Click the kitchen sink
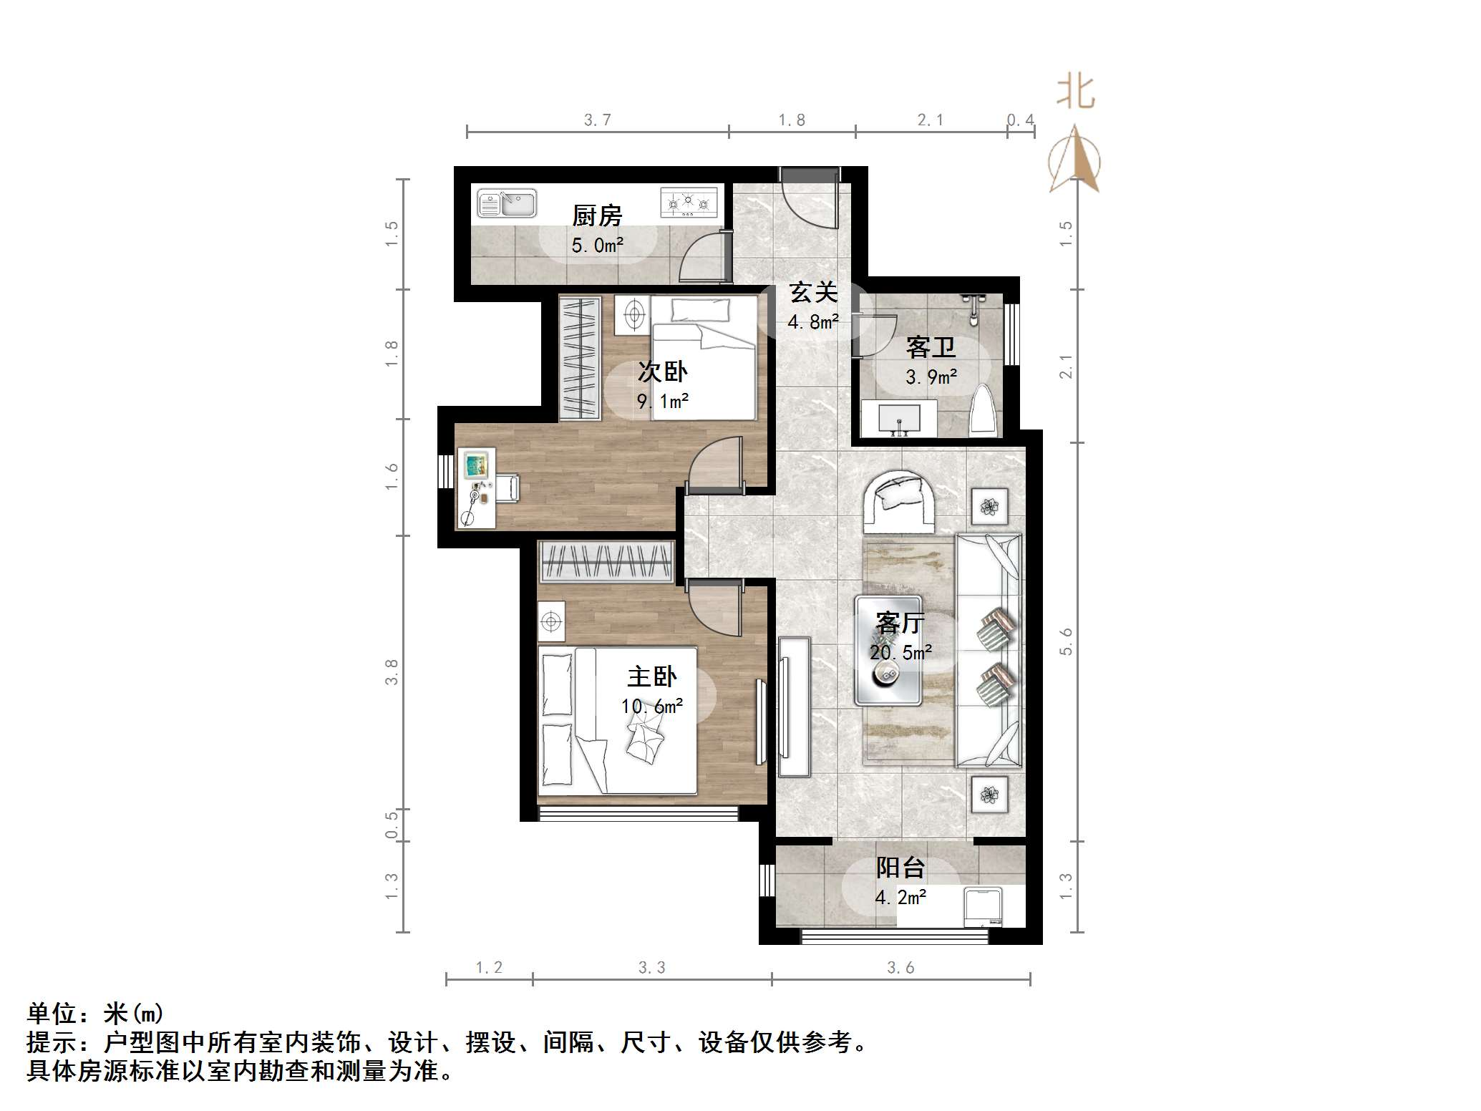(x=507, y=203)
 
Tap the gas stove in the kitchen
(x=688, y=203)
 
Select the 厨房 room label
(x=597, y=215)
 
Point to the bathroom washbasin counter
(x=898, y=419)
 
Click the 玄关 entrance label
(x=813, y=292)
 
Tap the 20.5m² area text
(x=900, y=652)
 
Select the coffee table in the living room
(x=888, y=651)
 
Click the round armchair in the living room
(x=900, y=500)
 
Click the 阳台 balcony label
(x=900, y=868)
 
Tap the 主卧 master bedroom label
(x=652, y=676)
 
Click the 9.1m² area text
(x=663, y=401)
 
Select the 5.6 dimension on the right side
(x=1067, y=641)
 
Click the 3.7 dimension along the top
(x=597, y=120)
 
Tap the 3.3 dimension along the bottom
(x=651, y=968)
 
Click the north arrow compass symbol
(x=1075, y=160)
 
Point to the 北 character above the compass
(x=1076, y=93)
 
